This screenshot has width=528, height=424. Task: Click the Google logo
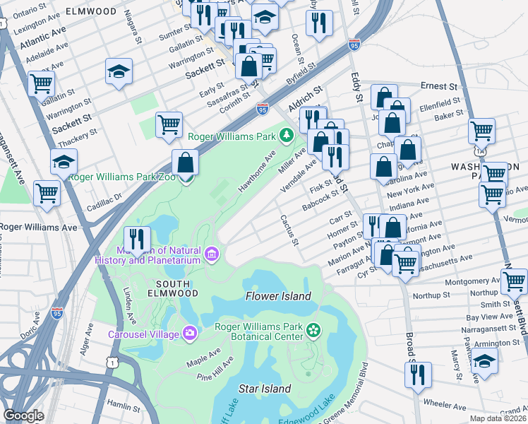(23, 415)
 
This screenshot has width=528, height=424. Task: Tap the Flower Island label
(277, 296)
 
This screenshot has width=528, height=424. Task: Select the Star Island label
(265, 389)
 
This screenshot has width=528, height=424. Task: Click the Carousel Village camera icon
(189, 333)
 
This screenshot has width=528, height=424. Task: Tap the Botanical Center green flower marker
(313, 330)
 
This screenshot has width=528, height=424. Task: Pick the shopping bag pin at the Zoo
(185, 163)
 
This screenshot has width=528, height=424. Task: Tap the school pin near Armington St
(484, 361)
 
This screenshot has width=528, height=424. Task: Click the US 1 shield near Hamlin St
(111, 362)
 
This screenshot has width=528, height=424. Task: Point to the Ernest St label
(438, 86)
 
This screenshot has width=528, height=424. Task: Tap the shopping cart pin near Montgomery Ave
(513, 281)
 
